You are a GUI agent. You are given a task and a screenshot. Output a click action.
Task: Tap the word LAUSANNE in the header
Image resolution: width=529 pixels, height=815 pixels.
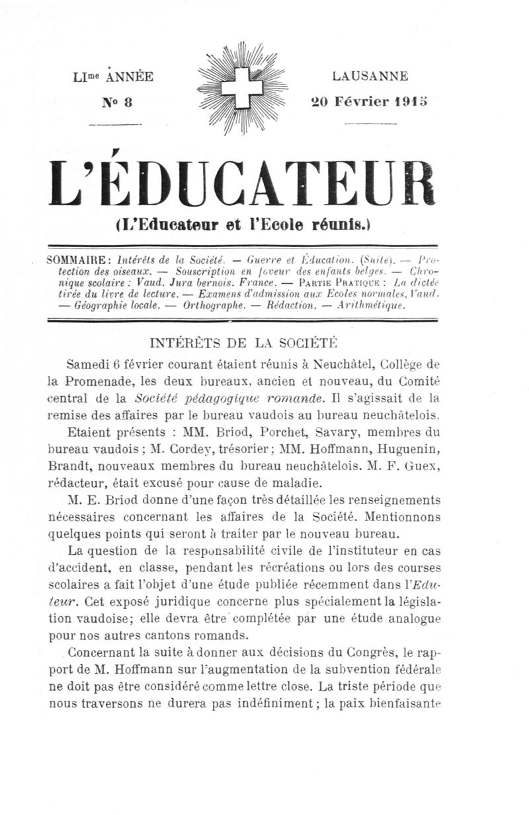(x=370, y=76)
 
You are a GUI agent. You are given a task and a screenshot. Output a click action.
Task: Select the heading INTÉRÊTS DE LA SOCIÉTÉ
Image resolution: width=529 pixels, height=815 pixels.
(x=245, y=342)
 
